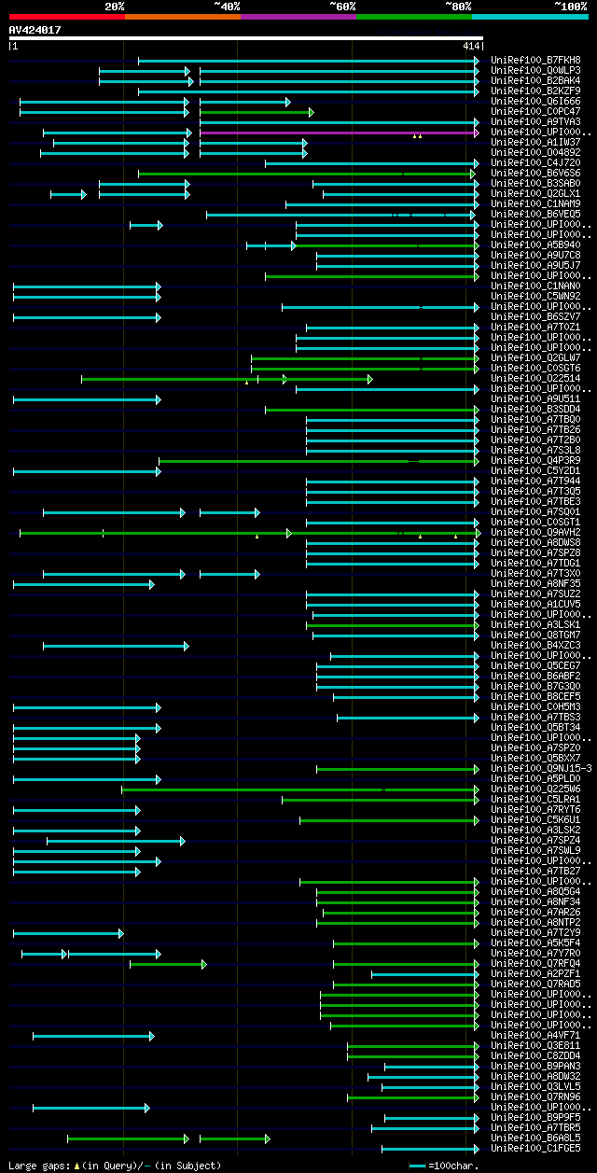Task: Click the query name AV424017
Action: coord(35,30)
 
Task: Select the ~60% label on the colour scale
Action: coord(342,7)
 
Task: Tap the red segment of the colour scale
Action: coord(66,17)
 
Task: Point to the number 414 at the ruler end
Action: coord(469,46)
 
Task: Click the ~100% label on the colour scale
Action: coord(570,7)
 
